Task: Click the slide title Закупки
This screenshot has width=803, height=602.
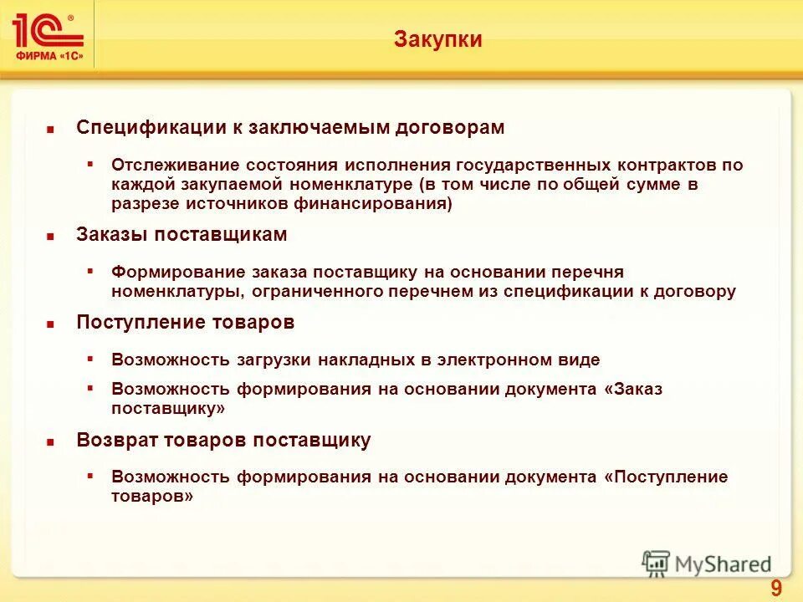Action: (437, 39)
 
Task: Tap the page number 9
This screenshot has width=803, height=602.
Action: (775, 589)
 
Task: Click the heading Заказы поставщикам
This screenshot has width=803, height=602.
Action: (182, 235)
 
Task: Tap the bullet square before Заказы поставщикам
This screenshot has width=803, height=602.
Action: (50, 237)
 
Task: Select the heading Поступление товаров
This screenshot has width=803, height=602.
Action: (185, 323)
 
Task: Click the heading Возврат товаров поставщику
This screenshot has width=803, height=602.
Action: (223, 441)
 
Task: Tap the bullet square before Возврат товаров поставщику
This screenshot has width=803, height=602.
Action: (50, 443)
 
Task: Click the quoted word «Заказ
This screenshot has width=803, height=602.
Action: (632, 390)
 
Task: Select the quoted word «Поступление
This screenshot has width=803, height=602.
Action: (653, 477)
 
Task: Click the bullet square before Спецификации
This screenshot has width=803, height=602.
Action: (50, 130)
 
